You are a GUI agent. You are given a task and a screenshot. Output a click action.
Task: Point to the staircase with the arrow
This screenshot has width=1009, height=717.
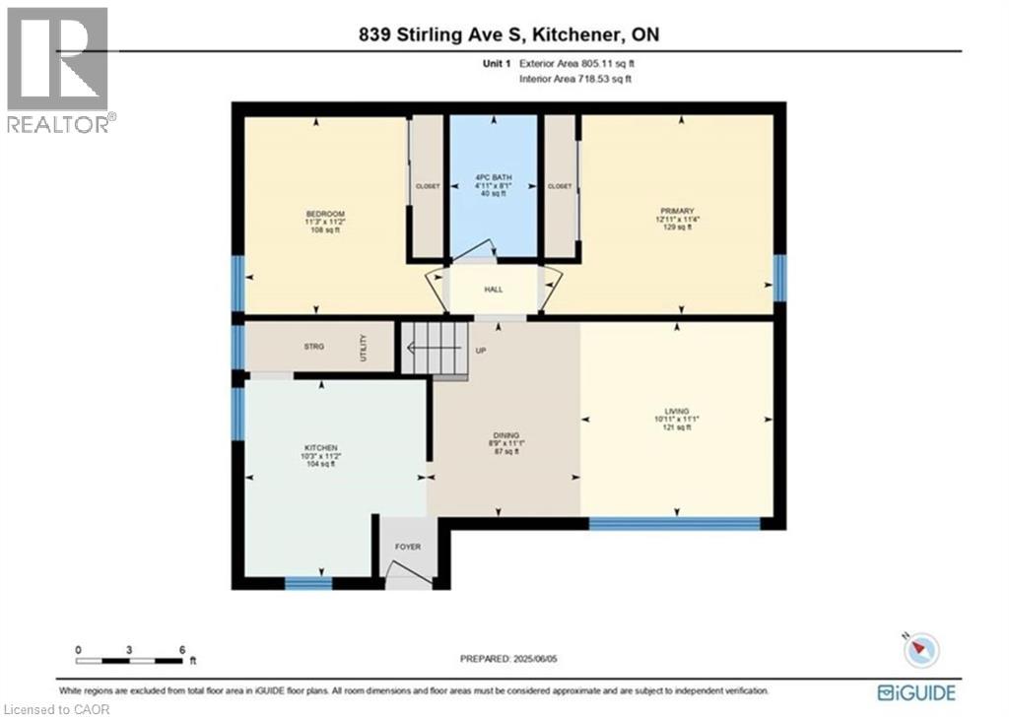(x=434, y=348)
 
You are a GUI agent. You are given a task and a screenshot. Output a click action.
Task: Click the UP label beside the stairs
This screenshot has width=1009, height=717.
(x=481, y=351)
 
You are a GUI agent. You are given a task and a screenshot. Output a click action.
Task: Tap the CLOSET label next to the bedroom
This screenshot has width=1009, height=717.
(x=428, y=186)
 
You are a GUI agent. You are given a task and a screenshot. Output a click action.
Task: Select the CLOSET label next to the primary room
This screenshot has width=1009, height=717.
(x=560, y=186)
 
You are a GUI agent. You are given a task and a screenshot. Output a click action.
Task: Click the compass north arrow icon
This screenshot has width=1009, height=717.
(x=924, y=649)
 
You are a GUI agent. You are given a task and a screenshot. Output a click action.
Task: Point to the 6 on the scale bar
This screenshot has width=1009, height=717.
(x=182, y=650)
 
